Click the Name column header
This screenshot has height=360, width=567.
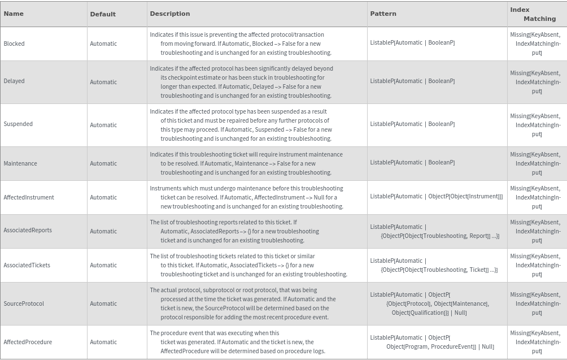pos(14,14)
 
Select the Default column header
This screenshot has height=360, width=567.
pos(103,14)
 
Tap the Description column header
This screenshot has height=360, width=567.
pos(170,14)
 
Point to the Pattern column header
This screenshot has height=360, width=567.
pos(383,14)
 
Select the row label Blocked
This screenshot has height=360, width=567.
pos(14,44)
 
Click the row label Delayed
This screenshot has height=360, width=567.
pos(14,81)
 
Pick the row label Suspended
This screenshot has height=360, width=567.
pos(18,124)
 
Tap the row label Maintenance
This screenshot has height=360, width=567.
pos(20,164)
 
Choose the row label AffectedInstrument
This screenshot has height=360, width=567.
pos(29,198)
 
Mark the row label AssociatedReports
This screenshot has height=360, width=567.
pos(28,231)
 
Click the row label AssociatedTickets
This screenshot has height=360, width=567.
pos(27,266)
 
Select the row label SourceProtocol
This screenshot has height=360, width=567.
pos(24,304)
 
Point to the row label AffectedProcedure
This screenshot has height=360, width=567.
pos(28,342)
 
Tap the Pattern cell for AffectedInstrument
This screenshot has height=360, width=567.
pos(436,197)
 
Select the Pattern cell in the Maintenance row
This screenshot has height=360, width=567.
pos(412,163)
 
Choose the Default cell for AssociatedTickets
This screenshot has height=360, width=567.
pos(103,266)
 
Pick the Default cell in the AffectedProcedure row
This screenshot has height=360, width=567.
pos(103,342)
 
